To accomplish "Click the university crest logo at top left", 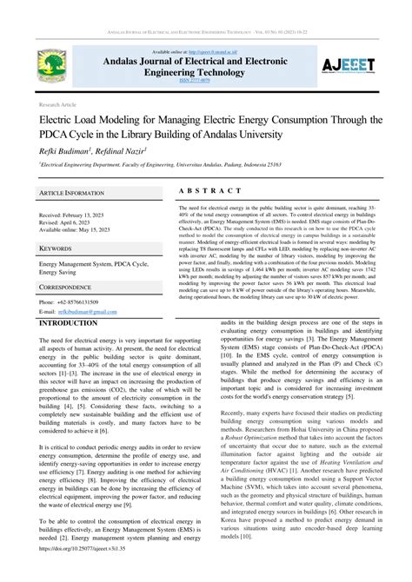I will point(51,66).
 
